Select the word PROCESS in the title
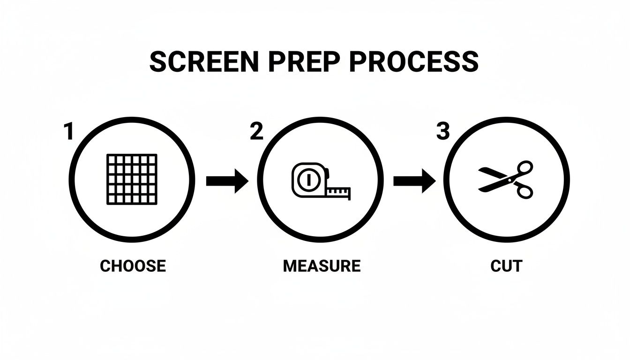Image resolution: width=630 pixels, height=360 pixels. coord(414,62)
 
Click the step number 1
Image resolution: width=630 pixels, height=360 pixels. coord(69,132)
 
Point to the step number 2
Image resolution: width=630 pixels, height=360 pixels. coord(256,132)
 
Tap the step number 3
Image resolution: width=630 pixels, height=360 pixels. coord(443,132)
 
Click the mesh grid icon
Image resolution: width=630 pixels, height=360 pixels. coord(132,180)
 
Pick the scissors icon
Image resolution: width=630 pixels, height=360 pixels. coord(506,180)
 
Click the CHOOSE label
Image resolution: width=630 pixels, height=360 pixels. coord(133,266)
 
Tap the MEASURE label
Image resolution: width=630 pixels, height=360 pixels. coord(322,266)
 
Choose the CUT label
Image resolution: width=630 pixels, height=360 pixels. coord(506,266)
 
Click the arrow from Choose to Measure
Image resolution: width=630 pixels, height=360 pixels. coord(227,181)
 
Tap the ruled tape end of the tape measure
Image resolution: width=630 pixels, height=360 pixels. coord(338,192)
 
